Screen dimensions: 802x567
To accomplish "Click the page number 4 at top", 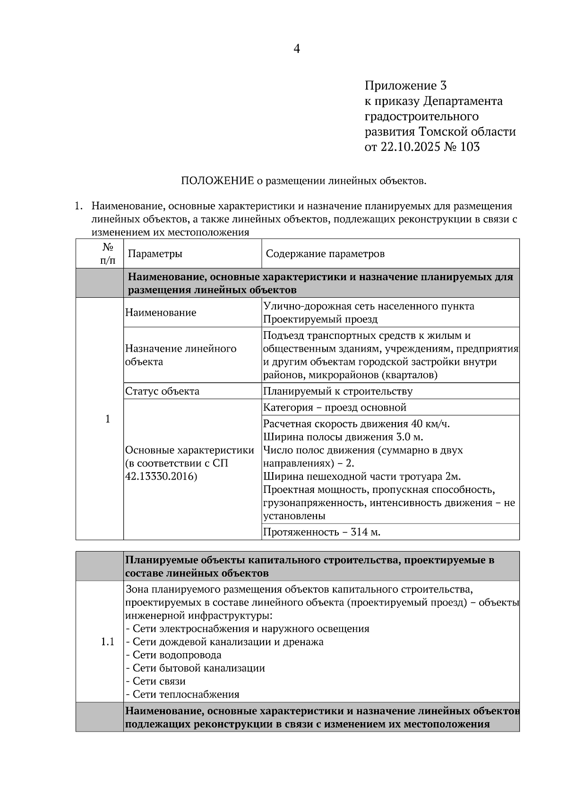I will click(297, 49).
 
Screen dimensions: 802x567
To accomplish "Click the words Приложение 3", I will click(405, 86).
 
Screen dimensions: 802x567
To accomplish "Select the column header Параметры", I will click(155, 254).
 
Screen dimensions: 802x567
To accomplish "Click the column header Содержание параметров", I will click(325, 254).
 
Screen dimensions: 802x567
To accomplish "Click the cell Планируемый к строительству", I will click(337, 391).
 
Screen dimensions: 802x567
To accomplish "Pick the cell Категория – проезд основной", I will click(335, 407).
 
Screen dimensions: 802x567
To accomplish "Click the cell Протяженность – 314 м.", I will click(321, 532).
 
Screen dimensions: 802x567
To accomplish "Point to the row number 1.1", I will click(108, 642).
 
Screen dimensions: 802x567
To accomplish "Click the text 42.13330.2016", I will click(161, 476).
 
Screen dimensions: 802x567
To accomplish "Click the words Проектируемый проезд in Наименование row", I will click(320, 319).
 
